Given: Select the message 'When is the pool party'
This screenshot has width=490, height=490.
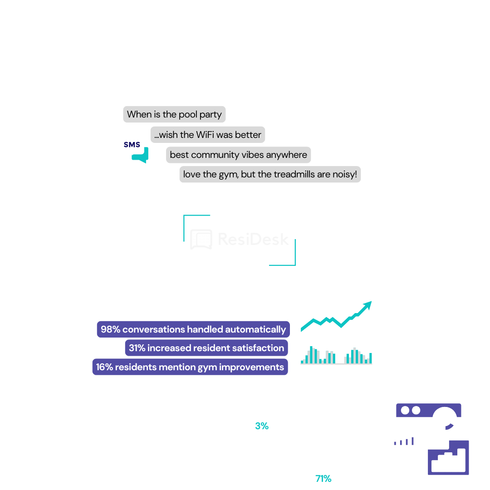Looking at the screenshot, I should point(174,114).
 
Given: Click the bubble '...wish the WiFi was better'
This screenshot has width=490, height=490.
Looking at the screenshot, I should point(207,135).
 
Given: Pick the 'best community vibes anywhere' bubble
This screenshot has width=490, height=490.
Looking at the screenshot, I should point(238,155).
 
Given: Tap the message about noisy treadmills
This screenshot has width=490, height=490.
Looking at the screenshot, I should point(270,174).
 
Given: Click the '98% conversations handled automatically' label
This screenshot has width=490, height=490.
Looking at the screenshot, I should point(193,329).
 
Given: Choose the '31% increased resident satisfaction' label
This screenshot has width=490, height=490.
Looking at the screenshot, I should point(206,348).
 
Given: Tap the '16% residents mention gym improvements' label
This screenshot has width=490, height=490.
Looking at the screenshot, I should point(190,367).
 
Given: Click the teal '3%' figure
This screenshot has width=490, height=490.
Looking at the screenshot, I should point(262,426).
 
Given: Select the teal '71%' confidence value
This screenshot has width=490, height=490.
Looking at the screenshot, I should point(323,479).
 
